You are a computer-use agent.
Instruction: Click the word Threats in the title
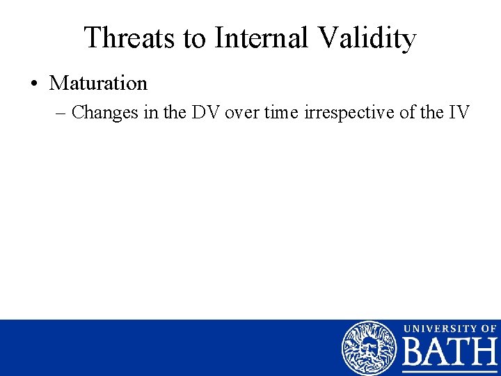point(129,38)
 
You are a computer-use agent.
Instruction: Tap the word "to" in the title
point(196,38)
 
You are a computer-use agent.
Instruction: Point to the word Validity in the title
point(366,38)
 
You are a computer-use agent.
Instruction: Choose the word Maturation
point(98,84)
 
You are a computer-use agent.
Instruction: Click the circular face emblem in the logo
point(369,347)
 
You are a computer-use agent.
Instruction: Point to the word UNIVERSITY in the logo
point(436,328)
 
